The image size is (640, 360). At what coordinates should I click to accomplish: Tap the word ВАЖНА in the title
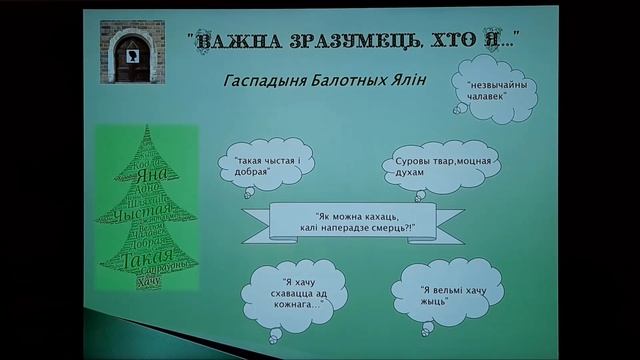pos(232,43)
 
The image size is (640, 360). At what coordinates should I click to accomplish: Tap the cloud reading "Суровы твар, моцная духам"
pos(430,166)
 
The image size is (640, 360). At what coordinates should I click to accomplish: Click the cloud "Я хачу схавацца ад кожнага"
pos(290,294)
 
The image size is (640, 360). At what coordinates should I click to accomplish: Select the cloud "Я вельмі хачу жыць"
pos(448,291)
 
